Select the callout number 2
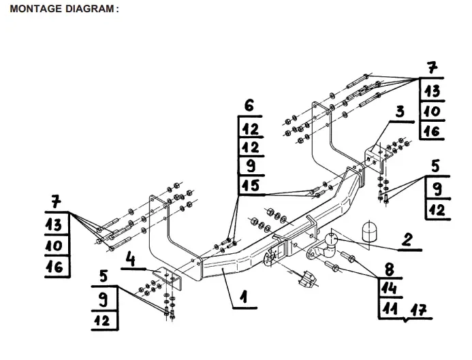pos(407,239)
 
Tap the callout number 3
pos(400,112)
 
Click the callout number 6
pos(249,105)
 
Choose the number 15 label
pos(250,184)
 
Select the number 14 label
pos(390,289)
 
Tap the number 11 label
pos(390,309)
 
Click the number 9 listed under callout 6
pos(249,165)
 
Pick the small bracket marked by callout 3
pos(374,157)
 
